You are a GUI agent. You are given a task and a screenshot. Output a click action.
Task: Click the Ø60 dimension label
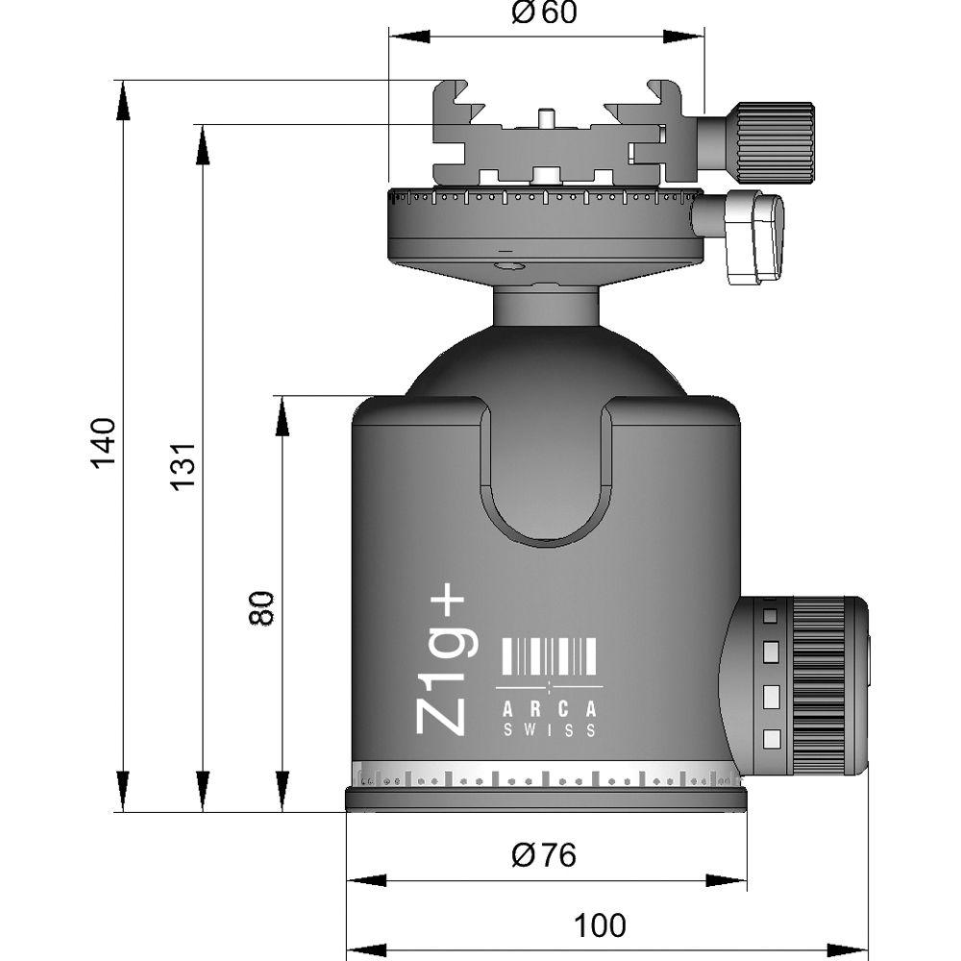(x=544, y=13)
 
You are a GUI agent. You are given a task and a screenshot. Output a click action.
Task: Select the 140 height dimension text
(x=104, y=443)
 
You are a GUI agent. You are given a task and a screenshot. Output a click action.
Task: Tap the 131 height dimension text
(x=184, y=465)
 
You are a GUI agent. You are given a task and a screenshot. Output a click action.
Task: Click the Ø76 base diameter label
(x=544, y=854)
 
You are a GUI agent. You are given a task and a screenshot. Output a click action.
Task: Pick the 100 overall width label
(x=600, y=925)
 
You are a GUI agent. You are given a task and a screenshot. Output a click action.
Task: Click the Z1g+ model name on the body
(x=442, y=663)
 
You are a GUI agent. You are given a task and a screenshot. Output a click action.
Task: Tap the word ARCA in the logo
(x=550, y=709)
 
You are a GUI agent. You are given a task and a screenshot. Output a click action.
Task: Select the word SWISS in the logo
(x=550, y=730)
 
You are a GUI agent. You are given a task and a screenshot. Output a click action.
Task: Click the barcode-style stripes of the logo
(x=550, y=657)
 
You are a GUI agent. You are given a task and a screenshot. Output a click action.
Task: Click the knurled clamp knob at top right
(x=775, y=141)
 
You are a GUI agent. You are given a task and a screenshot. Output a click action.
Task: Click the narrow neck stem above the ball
(x=546, y=306)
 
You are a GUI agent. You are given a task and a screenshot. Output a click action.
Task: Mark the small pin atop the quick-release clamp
(x=545, y=117)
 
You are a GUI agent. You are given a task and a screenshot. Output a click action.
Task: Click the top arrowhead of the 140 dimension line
(x=123, y=100)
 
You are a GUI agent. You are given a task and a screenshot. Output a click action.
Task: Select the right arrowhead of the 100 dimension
(x=850, y=950)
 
